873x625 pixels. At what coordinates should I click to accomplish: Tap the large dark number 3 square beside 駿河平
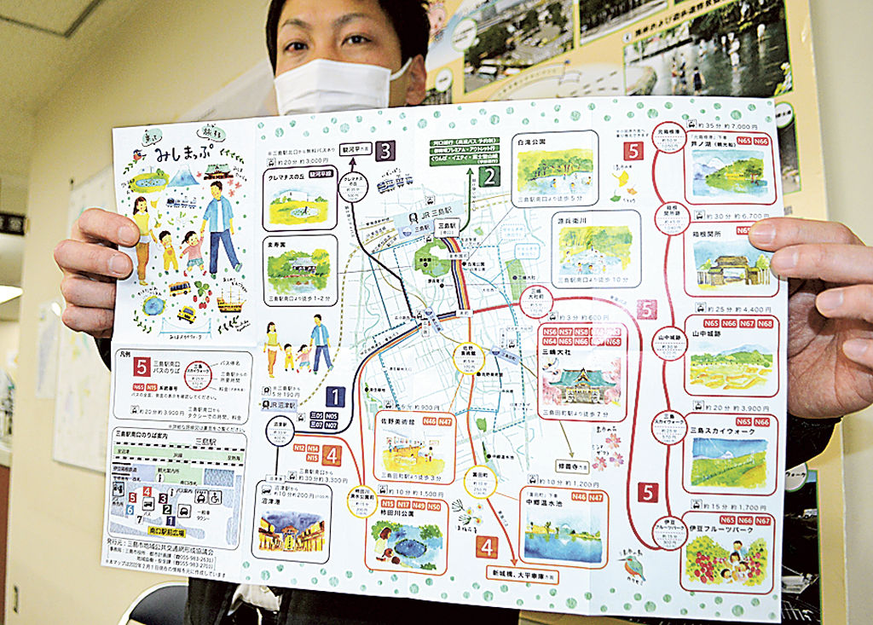point(385,151)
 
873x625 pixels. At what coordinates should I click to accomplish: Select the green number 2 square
point(489,177)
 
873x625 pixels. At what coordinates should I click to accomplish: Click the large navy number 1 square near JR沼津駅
point(335,396)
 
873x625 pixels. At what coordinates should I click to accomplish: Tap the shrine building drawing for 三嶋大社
point(581,382)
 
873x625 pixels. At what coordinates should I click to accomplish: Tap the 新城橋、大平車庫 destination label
point(523,575)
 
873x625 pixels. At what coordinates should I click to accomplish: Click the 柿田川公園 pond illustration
point(405,542)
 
